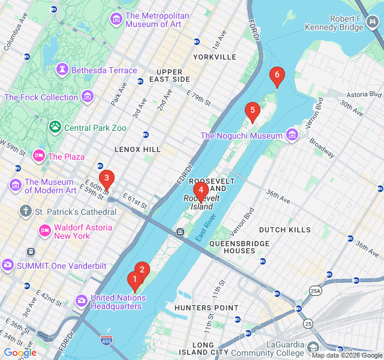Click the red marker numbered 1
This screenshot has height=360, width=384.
[x=135, y=280]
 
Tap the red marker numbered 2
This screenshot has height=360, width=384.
[x=142, y=270]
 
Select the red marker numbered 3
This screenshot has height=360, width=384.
[x=106, y=178]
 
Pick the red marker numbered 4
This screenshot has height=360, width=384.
[x=201, y=188]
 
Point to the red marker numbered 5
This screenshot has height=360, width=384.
[x=253, y=111]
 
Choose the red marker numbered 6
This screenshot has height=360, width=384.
[x=277, y=76]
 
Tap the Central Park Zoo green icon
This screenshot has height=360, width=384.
[x=55, y=127]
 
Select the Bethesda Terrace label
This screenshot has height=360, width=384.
[x=104, y=70]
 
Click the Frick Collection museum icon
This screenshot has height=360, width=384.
[x=88, y=97]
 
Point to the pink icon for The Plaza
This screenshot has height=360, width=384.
[x=39, y=156]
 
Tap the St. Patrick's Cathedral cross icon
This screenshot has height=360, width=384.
[x=25, y=211]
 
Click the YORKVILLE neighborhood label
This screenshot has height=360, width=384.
[x=215, y=57]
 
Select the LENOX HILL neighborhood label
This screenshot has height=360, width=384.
[x=138, y=149]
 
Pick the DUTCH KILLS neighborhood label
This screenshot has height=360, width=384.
[x=285, y=230]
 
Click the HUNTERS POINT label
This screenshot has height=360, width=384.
[x=198, y=308]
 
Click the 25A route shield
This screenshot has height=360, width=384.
[x=316, y=291]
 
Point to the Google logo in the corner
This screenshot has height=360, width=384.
[x=20, y=353]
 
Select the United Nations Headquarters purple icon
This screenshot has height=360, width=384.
[x=82, y=299]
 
